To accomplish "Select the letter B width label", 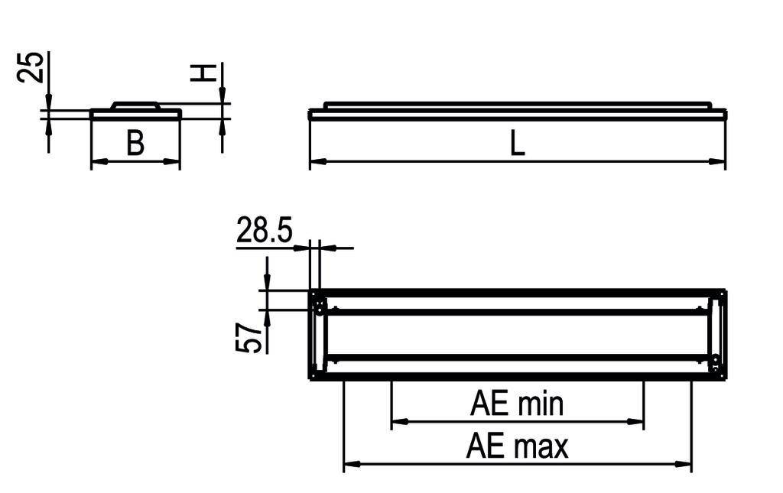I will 135,143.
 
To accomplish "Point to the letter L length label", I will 518,144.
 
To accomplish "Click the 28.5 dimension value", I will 264,230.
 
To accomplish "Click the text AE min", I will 517,404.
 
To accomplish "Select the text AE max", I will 517,446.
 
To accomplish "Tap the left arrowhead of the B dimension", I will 98,161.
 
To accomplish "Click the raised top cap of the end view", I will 135,105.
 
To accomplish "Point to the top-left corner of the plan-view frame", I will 310,291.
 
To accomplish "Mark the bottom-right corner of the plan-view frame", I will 725,378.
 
